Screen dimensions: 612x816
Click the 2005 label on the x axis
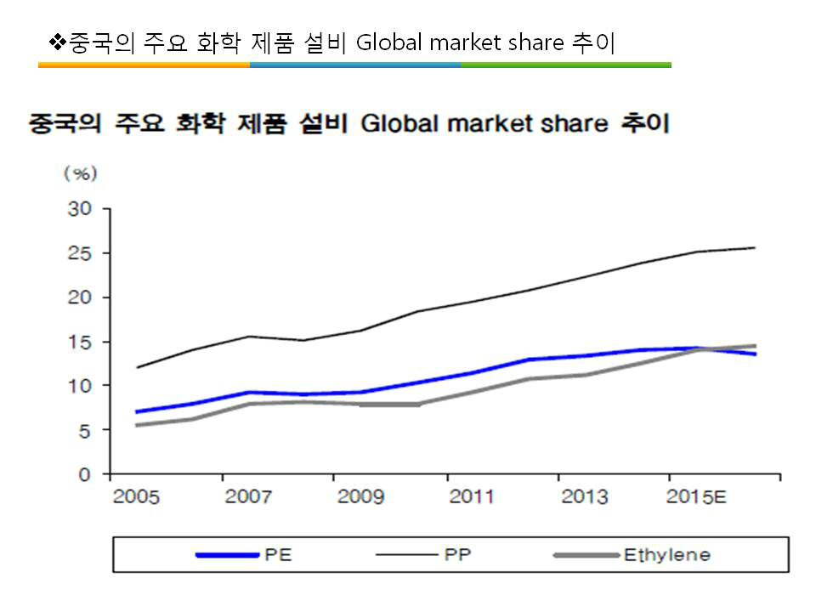(136, 496)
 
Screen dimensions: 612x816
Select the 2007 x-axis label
(247, 496)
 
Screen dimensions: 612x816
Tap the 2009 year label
(360, 496)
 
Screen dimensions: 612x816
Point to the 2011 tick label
(471, 496)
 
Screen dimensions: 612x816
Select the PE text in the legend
(275, 555)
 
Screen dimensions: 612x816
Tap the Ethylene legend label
(666, 555)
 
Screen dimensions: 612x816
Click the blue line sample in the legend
(227, 555)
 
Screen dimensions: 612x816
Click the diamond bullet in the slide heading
(57, 41)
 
